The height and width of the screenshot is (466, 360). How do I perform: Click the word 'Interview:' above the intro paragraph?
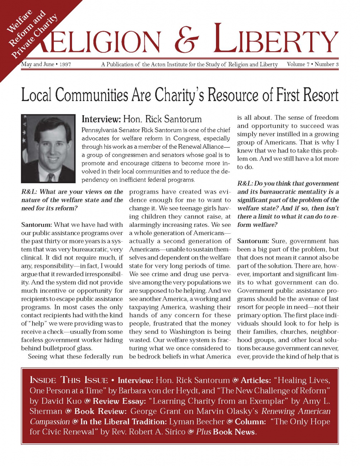[101, 119]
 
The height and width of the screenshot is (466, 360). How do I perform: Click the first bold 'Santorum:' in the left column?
[37, 225]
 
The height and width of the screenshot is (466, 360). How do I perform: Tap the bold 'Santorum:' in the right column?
[253, 241]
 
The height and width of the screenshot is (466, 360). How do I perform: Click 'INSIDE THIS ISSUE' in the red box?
[69, 380]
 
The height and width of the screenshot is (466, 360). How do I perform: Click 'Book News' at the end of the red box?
[234, 432]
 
